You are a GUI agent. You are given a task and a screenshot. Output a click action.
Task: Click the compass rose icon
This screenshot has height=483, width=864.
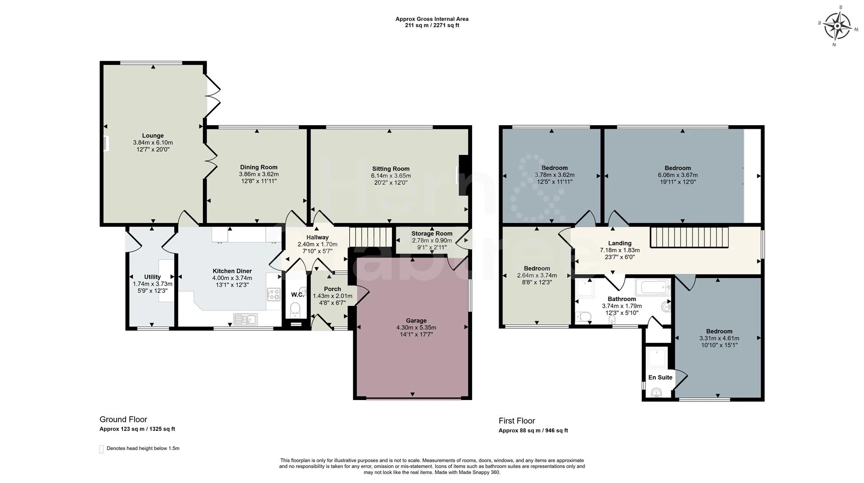pyautogui.click(x=837, y=26)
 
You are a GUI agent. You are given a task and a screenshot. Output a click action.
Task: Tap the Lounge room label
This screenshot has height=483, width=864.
pyautogui.click(x=153, y=136)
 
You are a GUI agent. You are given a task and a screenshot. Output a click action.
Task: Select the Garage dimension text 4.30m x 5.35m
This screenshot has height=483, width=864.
pyautogui.click(x=416, y=328)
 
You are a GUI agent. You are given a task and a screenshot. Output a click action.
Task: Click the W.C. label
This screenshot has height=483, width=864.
pyautogui.click(x=297, y=295)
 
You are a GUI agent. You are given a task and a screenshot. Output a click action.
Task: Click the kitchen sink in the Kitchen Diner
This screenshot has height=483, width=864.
pyautogui.click(x=245, y=319)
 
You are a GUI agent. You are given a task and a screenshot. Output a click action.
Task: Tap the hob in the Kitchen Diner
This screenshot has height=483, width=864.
pyautogui.click(x=273, y=295)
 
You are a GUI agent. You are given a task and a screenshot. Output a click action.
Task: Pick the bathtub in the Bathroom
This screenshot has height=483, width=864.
pyautogui.click(x=652, y=287)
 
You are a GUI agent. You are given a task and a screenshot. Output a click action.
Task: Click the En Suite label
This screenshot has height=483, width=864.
pyautogui.click(x=660, y=378)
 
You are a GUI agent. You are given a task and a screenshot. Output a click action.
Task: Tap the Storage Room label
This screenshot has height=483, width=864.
pyautogui.click(x=432, y=233)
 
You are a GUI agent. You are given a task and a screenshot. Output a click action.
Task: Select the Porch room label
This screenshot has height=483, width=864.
pyautogui.click(x=333, y=289)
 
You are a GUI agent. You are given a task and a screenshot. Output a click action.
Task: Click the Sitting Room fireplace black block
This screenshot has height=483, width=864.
pyautogui.click(x=463, y=176)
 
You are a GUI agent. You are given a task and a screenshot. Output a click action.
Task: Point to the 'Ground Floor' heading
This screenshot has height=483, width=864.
pyautogui.click(x=123, y=419)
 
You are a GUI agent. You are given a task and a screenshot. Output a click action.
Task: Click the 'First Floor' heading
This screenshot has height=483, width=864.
pyautogui.click(x=517, y=421)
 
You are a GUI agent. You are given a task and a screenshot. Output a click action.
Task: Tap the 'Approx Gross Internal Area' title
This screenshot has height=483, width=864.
pyautogui.click(x=432, y=19)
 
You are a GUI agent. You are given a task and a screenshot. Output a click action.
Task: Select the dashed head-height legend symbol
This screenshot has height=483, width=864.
pyautogui.click(x=101, y=449)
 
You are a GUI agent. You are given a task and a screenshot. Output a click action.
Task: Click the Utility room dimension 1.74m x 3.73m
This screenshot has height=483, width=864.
pyautogui.click(x=153, y=284)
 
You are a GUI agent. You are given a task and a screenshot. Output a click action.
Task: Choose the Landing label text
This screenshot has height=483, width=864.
pyautogui.click(x=620, y=243)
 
